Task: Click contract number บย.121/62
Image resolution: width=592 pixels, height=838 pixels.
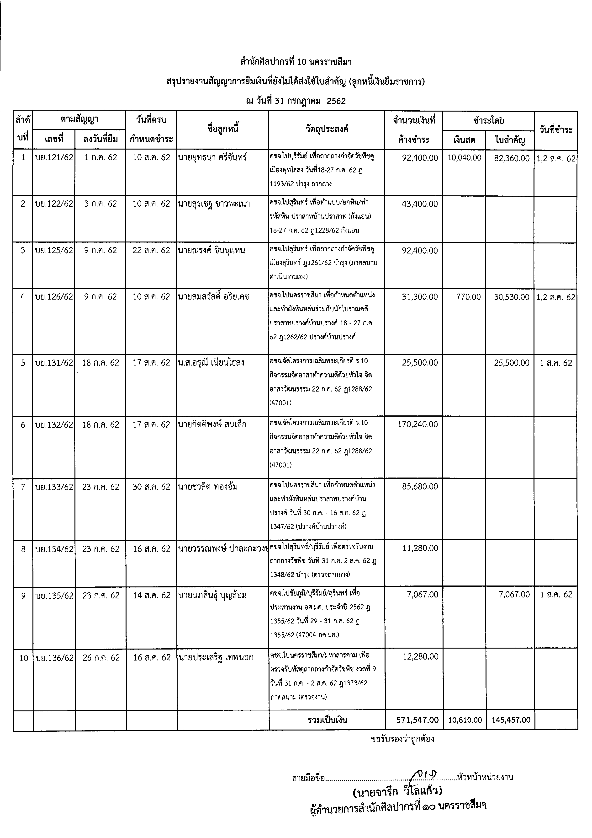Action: coord(54,157)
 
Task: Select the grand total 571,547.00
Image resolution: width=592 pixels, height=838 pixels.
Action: coord(417,720)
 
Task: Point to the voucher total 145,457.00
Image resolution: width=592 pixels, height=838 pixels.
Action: coord(511,720)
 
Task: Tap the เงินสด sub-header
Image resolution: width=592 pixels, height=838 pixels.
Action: coord(464,140)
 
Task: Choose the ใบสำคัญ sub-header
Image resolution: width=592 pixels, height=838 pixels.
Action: coord(510,140)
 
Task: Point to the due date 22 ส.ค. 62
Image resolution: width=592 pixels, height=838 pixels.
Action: coord(151,250)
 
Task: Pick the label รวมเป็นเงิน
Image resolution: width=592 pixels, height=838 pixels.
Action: coord(327,720)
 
